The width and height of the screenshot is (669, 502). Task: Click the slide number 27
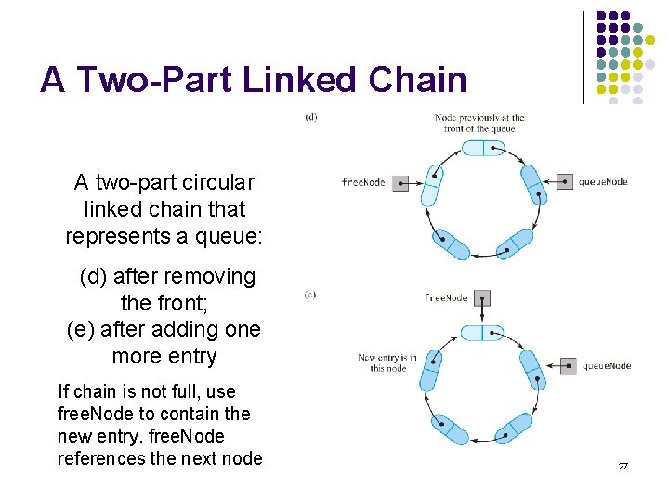click(623, 465)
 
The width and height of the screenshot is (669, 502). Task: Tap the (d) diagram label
click(310, 116)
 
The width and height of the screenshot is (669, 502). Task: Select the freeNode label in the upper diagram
click(363, 183)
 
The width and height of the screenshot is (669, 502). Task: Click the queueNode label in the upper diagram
click(603, 182)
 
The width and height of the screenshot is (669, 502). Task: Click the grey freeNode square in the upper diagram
click(400, 183)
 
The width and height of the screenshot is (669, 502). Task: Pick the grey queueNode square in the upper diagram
click(564, 182)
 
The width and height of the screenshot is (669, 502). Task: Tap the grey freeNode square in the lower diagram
click(481, 298)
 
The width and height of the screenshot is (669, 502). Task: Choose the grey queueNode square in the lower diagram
click(568, 365)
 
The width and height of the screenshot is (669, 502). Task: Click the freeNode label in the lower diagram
click(446, 298)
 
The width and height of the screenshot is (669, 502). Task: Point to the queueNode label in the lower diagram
click(607, 366)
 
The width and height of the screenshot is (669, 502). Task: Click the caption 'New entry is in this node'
click(387, 363)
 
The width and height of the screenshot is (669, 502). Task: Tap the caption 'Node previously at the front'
click(479, 123)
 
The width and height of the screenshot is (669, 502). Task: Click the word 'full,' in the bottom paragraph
click(195, 391)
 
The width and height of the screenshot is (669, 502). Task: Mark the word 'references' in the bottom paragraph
click(102, 458)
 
